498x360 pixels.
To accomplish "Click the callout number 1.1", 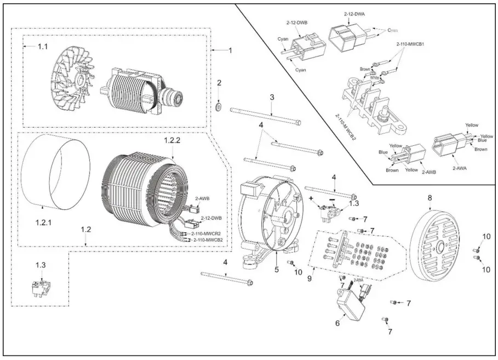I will (x=43, y=47).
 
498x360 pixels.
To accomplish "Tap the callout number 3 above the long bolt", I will (x=271, y=97).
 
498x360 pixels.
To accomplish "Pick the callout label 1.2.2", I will (x=171, y=141).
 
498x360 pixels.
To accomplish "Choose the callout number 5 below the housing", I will (x=277, y=269).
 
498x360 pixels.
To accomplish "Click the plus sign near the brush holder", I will (x=311, y=197).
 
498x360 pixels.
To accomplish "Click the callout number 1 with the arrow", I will (x=231, y=50).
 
